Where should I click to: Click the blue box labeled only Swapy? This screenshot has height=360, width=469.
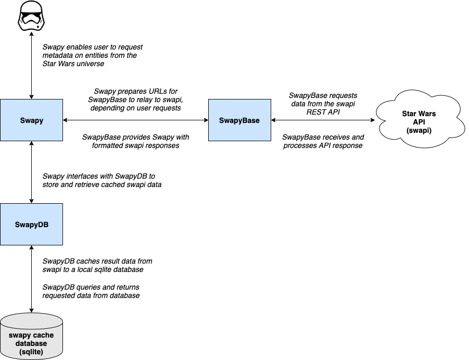tap(31, 120)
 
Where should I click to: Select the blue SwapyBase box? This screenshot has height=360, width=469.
tap(239, 120)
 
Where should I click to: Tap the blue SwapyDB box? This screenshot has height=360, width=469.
tap(31, 225)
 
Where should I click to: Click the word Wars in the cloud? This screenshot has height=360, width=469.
tap(427, 114)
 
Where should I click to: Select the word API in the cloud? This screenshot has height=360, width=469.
tap(419, 121)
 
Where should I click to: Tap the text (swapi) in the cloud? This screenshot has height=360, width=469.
tap(419, 130)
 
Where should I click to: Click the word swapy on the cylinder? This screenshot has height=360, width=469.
tap(20, 336)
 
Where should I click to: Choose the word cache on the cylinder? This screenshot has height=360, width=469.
tap(43, 336)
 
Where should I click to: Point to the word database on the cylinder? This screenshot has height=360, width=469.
tap(31, 343)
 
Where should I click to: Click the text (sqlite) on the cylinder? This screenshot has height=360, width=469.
tap(31, 352)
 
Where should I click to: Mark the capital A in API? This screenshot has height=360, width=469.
tap(414, 121)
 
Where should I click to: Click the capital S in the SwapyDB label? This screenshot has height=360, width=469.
tap(17, 225)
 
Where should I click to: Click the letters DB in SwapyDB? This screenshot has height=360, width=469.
tap(43, 225)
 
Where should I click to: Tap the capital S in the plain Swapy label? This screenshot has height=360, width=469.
tap(22, 120)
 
